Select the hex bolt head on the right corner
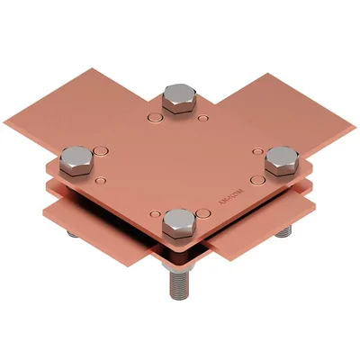tap(283, 161)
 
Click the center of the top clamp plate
tap(180, 162)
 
